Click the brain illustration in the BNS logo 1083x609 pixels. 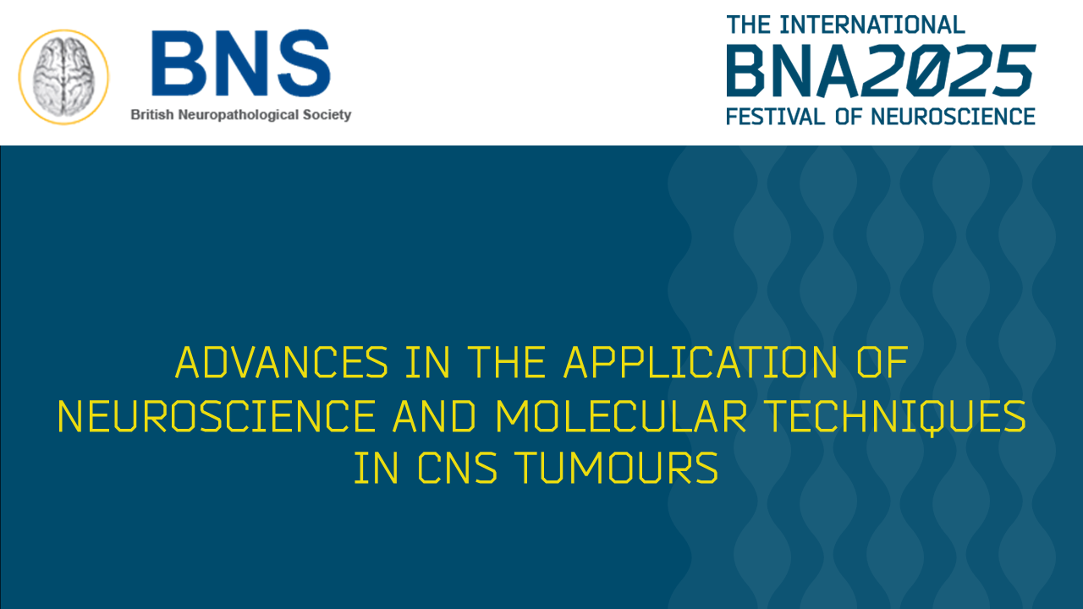pyautogui.click(x=64, y=74)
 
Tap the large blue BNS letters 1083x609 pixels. pyautogui.click(x=240, y=63)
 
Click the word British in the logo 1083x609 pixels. pyautogui.click(x=150, y=115)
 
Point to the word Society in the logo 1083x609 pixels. pyautogui.click(x=326, y=115)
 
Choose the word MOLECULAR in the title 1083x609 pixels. pyautogui.click(x=610, y=416)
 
